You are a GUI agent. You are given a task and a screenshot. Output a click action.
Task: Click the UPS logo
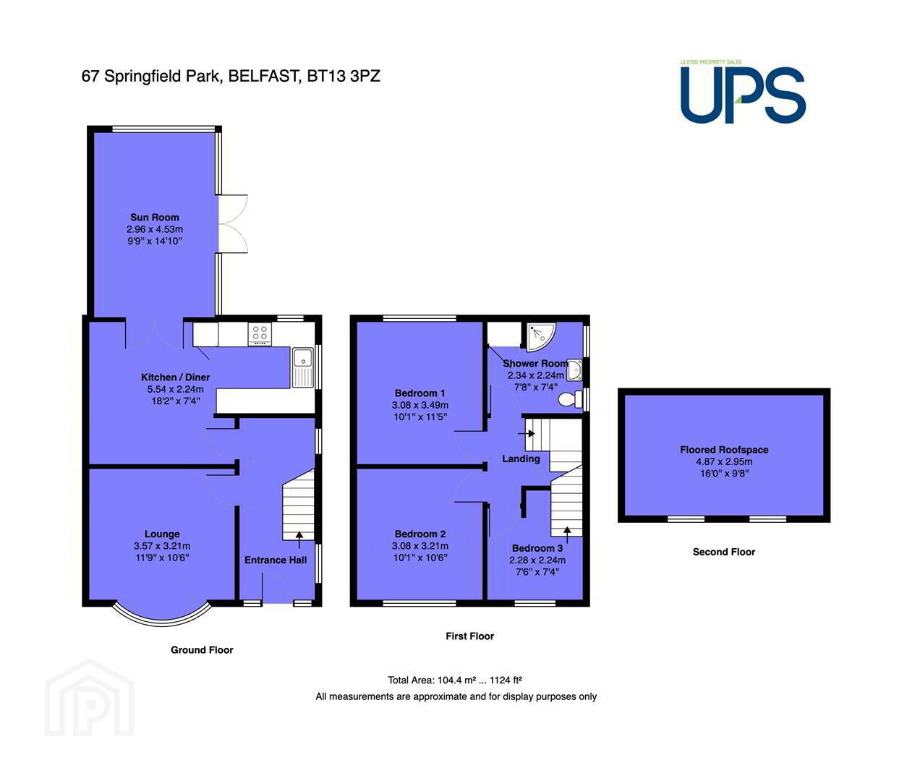click(742, 91)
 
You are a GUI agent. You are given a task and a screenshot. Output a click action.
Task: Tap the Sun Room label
click(155, 217)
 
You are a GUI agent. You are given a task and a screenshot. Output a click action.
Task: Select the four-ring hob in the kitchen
click(260, 334)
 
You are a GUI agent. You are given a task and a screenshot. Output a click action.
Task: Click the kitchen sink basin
click(302, 357)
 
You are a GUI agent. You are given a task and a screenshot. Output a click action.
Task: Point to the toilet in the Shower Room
click(570, 399)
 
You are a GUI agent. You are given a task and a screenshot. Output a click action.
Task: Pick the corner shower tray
click(540, 336)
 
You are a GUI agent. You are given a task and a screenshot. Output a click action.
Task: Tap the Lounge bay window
click(162, 614)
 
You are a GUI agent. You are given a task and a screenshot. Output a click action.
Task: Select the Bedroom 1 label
click(420, 393)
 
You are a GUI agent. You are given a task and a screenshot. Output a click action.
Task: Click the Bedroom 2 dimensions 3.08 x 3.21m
click(420, 546)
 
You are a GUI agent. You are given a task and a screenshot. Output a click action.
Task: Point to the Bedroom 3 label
click(537, 548)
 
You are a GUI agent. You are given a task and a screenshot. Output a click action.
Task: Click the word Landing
click(521, 458)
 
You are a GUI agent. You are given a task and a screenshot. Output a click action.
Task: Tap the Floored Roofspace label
click(724, 450)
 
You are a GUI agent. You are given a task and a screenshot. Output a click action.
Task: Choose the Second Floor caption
click(724, 552)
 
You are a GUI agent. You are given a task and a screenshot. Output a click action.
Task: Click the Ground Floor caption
click(202, 650)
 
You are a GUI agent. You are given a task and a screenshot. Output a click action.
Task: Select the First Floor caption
click(470, 636)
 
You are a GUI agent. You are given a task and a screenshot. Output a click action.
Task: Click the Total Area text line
click(455, 680)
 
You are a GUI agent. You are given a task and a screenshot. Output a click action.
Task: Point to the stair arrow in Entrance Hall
click(299, 539)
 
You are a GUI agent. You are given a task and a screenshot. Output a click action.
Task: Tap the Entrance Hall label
click(276, 560)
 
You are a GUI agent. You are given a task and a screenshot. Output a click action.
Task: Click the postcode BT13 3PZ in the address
click(343, 77)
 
